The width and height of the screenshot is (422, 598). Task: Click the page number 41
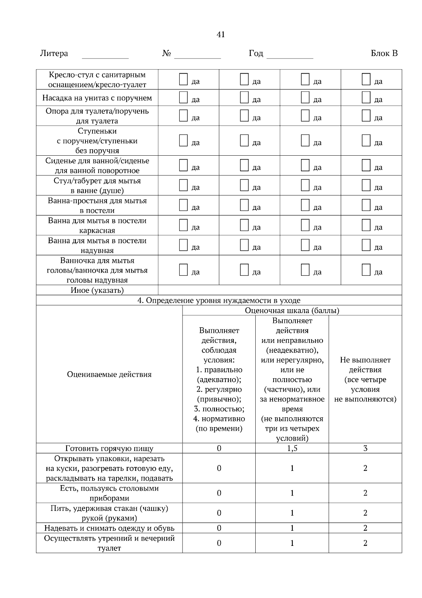click(x=220, y=35)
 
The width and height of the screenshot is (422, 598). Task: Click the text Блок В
click(x=384, y=54)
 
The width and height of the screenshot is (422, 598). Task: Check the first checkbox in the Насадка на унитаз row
click(x=183, y=97)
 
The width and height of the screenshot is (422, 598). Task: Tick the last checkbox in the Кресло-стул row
click(x=366, y=79)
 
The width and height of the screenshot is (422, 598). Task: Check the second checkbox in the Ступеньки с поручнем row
click(x=244, y=141)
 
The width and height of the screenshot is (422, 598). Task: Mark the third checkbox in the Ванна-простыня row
click(x=305, y=205)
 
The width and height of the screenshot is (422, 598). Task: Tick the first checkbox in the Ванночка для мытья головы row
click(x=183, y=270)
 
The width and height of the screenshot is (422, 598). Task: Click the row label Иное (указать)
click(x=97, y=290)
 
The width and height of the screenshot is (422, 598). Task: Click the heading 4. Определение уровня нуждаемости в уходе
click(x=219, y=300)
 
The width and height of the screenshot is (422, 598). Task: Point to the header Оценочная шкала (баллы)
click(x=292, y=311)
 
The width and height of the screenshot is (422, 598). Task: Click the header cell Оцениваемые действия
click(x=109, y=374)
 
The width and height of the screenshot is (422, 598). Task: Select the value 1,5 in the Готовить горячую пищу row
click(x=292, y=448)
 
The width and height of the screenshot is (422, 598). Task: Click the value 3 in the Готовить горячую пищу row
click(x=365, y=448)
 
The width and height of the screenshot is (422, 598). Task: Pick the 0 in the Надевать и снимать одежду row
click(x=219, y=528)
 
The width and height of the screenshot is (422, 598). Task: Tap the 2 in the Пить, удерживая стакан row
click(x=365, y=513)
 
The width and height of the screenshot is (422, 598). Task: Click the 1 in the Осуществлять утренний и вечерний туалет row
click(x=292, y=543)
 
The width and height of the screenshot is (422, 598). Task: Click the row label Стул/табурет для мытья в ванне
click(x=97, y=186)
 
